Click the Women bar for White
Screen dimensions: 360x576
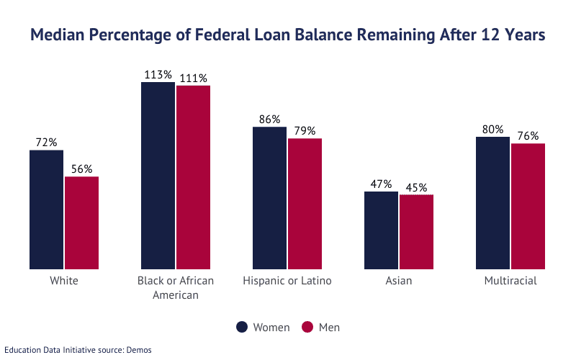[x=46, y=210]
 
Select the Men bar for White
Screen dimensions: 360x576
[x=81, y=222]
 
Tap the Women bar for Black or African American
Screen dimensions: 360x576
[x=158, y=176]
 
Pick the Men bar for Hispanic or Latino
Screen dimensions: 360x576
[x=305, y=204]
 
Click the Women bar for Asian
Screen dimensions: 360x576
[x=381, y=230]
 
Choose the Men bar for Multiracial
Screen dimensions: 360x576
[x=528, y=207]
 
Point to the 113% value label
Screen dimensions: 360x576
[x=158, y=74]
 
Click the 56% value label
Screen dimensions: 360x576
[x=81, y=169]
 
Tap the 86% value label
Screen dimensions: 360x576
[x=269, y=120]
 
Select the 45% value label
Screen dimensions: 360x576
[x=416, y=187]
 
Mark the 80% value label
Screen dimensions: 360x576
[x=492, y=130]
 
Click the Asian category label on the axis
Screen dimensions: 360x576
[x=399, y=281]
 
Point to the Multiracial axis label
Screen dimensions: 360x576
[x=510, y=281]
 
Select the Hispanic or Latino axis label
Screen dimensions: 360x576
[x=287, y=281]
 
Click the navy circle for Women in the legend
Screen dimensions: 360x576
[x=243, y=328]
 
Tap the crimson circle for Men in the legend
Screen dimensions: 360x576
[x=307, y=328]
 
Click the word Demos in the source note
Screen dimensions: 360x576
[x=139, y=350]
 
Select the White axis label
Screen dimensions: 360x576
[x=64, y=281]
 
